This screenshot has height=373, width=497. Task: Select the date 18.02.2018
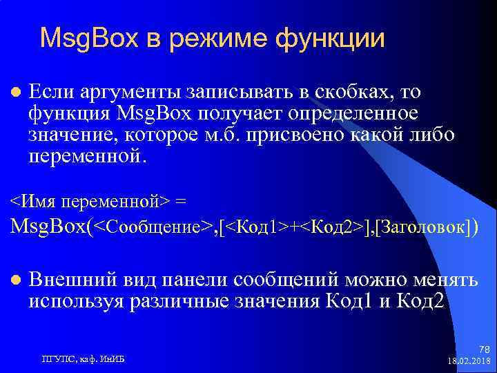coord(468,361)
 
